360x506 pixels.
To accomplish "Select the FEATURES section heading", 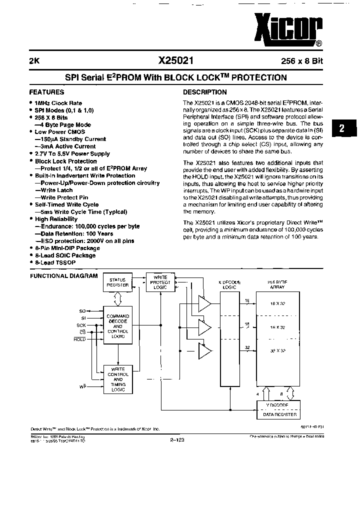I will [x=46, y=92].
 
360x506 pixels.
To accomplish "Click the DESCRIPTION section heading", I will [x=205, y=92].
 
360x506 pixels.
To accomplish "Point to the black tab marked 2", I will [x=342, y=128].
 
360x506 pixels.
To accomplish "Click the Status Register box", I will [x=117, y=282].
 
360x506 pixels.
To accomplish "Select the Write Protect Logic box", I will [x=160, y=282].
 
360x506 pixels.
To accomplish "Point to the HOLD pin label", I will [x=79, y=339].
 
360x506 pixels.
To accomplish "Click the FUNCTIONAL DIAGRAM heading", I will [x=63, y=276].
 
